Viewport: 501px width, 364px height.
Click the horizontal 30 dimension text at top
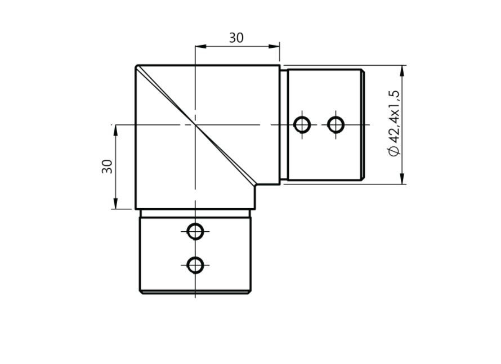[x=236, y=38]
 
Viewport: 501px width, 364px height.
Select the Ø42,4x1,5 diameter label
[x=393, y=123]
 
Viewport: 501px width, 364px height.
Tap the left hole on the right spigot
[x=303, y=124]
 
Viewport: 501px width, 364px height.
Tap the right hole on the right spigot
[x=336, y=124]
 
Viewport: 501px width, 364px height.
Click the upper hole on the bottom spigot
[x=195, y=231]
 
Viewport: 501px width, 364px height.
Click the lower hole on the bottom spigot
[x=195, y=264]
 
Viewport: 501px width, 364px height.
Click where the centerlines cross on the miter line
[x=194, y=124]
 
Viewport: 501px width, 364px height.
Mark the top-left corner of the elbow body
[x=137, y=66]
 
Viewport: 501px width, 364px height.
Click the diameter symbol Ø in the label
[x=393, y=150]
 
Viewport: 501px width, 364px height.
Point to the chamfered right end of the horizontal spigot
[x=364, y=124]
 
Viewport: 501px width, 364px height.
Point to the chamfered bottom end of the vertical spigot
[x=195, y=293]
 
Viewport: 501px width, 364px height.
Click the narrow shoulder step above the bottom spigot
[x=195, y=213]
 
